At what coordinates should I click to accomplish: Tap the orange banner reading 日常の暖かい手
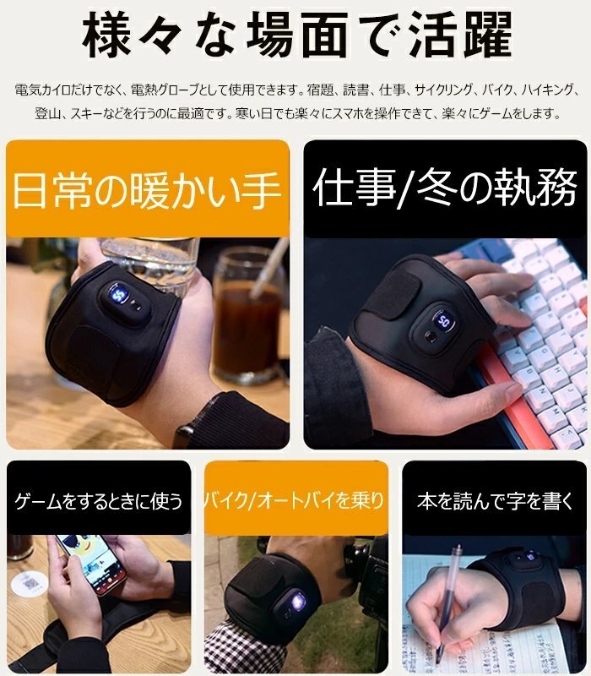point(147,188)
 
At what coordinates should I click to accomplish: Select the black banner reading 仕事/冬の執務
point(446,188)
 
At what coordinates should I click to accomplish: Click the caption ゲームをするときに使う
point(99,501)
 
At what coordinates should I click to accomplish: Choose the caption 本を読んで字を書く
point(495,501)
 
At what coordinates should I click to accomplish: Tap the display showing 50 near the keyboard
point(443,320)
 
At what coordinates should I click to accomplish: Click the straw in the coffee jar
point(269,267)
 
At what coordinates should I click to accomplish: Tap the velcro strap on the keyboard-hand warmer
point(391,294)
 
